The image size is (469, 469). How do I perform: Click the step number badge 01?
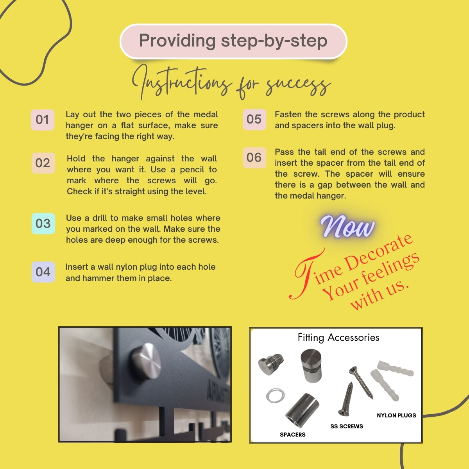(42, 120)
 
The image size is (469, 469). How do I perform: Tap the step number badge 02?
(43, 163)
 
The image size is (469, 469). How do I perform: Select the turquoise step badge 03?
(43, 224)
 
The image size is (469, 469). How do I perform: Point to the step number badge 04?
(43, 272)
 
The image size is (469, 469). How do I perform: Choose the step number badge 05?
(254, 119)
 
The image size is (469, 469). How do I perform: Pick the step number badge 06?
(254, 158)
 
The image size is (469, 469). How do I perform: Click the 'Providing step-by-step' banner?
(233, 41)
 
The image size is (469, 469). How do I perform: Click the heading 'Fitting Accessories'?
(338, 338)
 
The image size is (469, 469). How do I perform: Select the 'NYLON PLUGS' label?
(396, 415)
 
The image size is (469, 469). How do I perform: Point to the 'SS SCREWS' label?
(347, 426)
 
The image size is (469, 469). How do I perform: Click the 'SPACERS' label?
(293, 435)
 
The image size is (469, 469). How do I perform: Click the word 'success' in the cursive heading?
(298, 87)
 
